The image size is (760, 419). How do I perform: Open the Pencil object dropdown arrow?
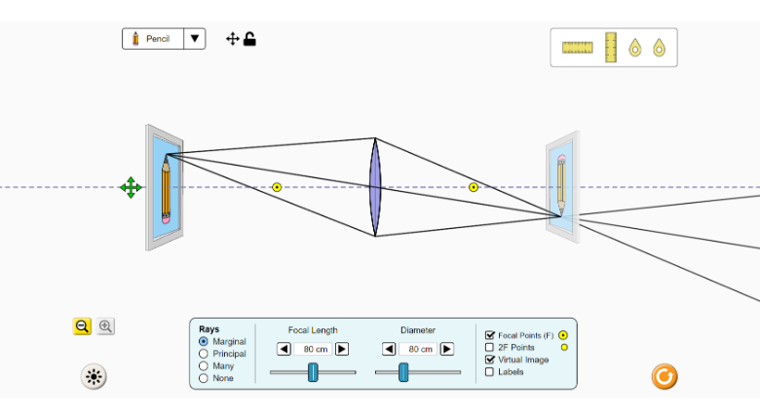click(196, 39)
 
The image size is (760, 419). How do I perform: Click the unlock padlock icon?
click(249, 39)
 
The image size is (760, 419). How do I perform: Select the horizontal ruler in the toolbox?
click(577, 47)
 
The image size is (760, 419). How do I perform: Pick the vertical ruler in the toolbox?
click(611, 47)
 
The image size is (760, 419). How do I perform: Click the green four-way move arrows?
click(131, 187)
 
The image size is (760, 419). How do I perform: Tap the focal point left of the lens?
click(277, 187)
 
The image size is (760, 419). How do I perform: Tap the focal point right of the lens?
click(474, 187)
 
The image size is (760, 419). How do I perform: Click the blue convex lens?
click(375, 187)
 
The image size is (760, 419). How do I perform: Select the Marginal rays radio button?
click(204, 342)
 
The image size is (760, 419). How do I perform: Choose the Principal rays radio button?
click(204, 354)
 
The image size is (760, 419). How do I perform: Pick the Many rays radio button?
click(204, 366)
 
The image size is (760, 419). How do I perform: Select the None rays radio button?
click(204, 378)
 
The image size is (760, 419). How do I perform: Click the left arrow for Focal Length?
click(284, 349)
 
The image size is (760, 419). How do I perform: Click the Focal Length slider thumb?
click(313, 371)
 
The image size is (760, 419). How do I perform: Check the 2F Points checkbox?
click(490, 347)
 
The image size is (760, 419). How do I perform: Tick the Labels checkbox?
click(490, 371)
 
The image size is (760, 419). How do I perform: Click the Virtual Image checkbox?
click(490, 360)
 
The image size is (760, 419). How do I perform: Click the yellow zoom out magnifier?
click(82, 326)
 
